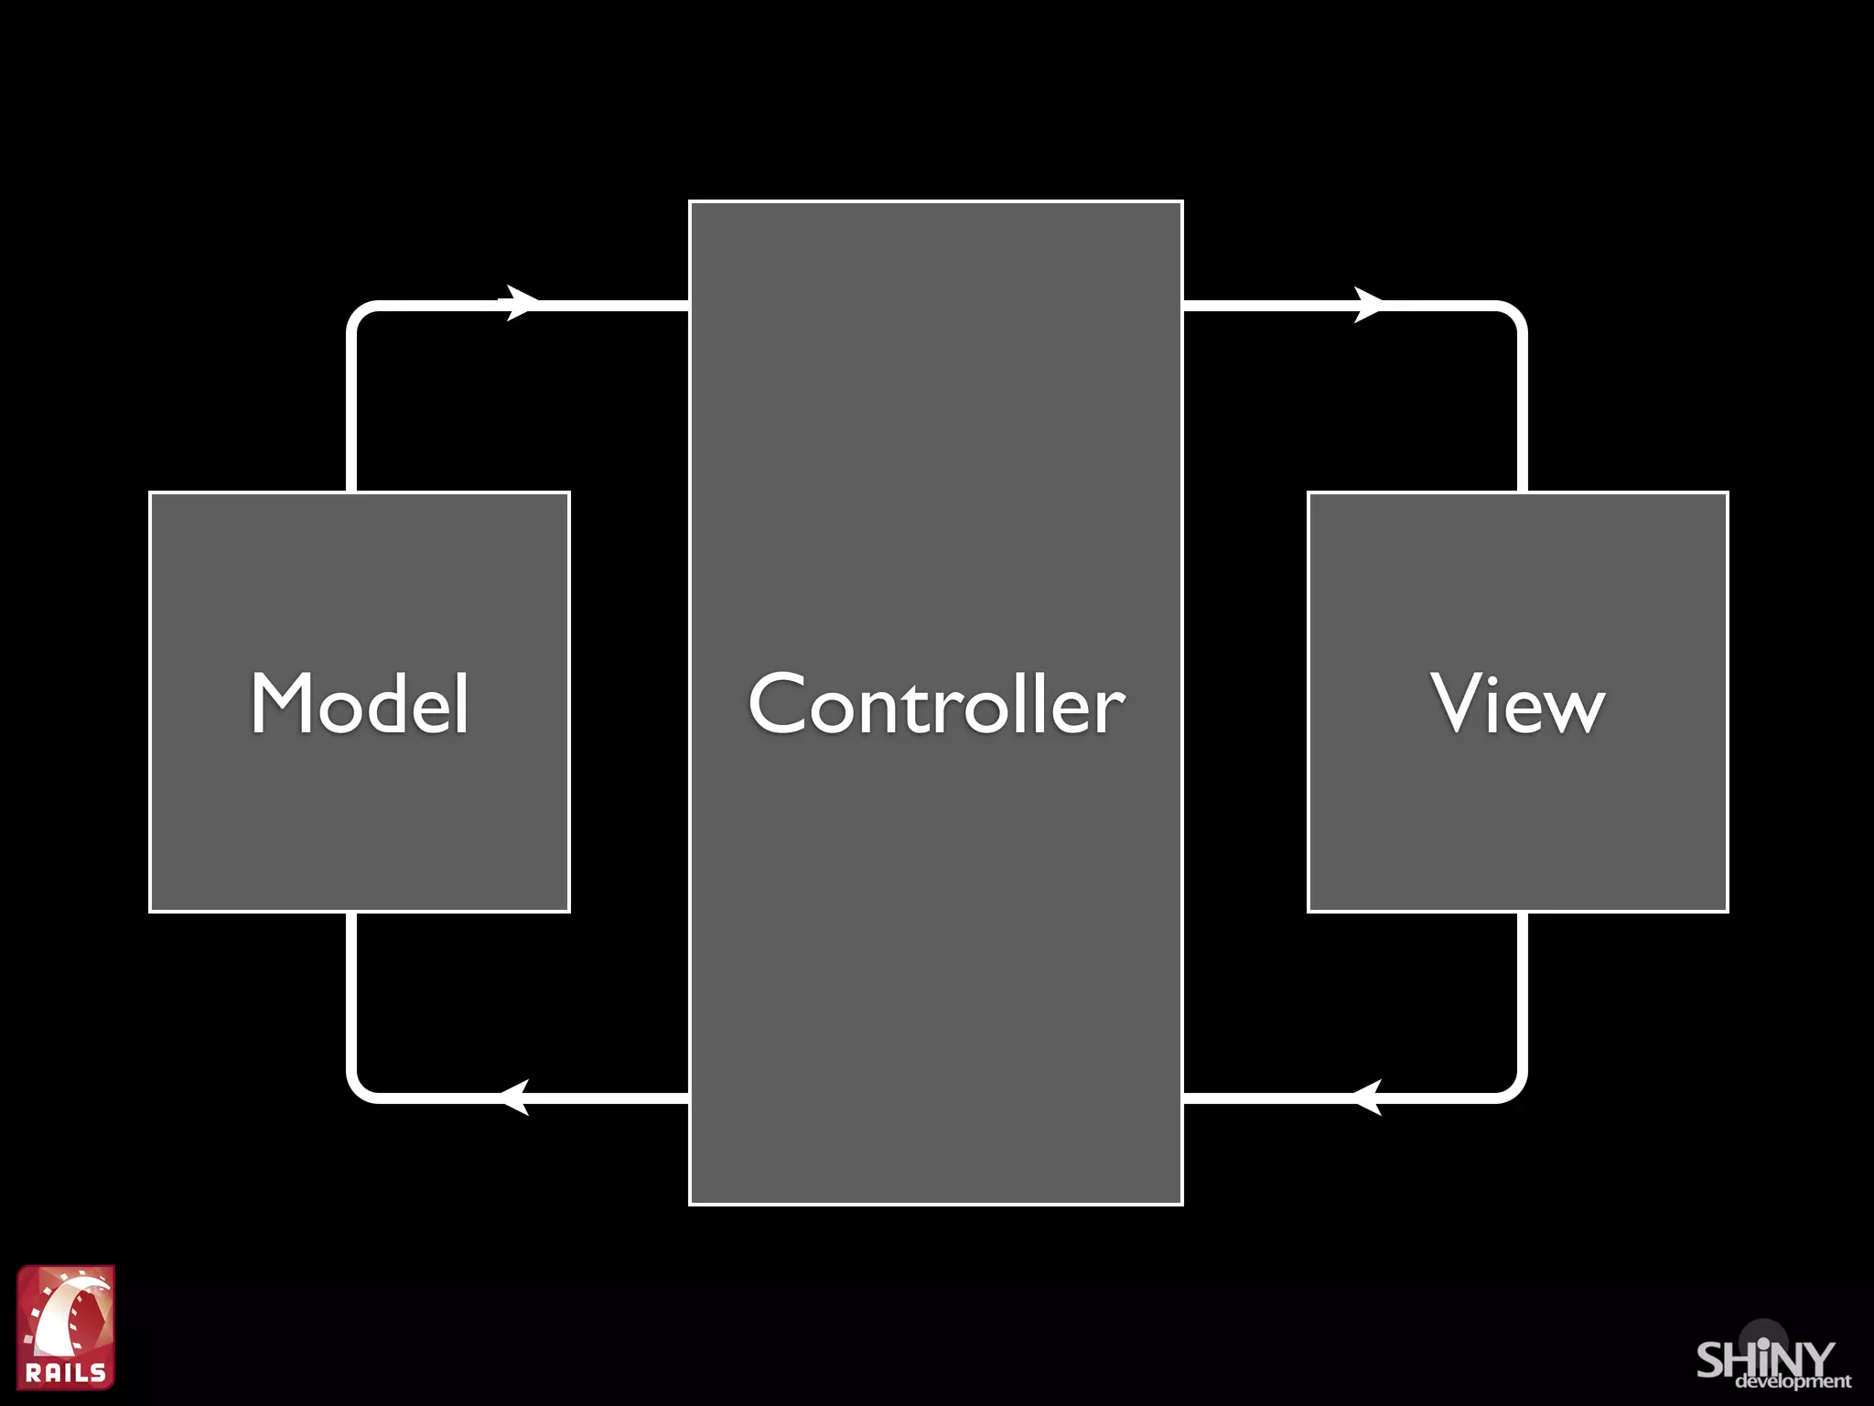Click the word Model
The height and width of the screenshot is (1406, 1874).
coord(360,703)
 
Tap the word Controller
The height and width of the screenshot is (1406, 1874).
coord(936,703)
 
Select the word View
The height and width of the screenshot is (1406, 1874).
coord(1517,703)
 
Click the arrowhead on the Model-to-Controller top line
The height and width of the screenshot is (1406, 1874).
coord(520,303)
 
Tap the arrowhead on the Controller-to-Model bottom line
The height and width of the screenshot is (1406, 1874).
coord(516,1097)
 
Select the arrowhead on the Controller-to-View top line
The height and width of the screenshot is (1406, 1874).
coord(1367,305)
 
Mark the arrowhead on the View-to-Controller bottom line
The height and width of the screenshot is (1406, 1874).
coord(1367,1097)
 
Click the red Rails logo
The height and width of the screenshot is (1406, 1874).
coord(66,1326)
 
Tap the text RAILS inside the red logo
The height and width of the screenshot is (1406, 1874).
coord(66,1372)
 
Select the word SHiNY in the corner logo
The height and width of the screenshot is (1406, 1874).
coord(1765,1359)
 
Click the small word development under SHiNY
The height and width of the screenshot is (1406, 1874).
coord(1793,1380)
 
